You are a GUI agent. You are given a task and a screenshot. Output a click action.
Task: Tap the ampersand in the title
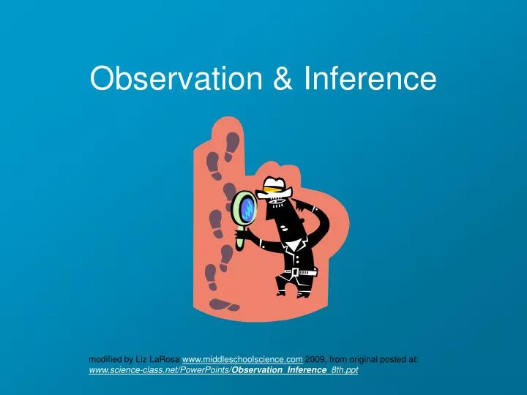[x=282, y=79]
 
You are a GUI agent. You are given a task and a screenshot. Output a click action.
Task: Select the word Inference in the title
[x=368, y=79]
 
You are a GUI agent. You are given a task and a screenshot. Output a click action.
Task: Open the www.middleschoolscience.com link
[x=242, y=359]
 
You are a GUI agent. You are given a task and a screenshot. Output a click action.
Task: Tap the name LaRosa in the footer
[x=164, y=359]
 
